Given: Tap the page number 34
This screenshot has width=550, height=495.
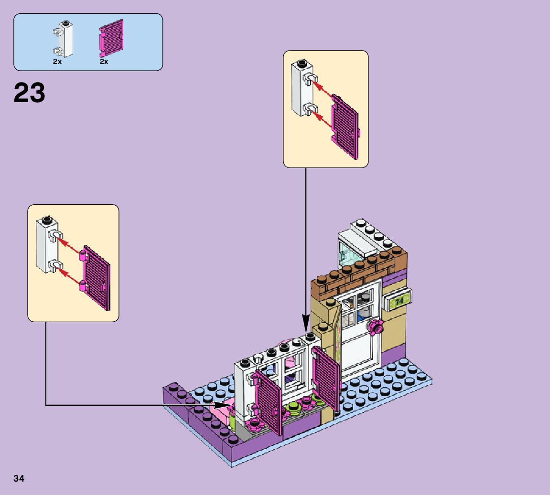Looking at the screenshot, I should pyautogui.click(x=19, y=478).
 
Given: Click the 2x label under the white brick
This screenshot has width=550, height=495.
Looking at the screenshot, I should pyautogui.click(x=57, y=62).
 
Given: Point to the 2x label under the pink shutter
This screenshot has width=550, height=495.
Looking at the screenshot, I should pyautogui.click(x=104, y=62).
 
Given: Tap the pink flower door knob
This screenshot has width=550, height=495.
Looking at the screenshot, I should pyautogui.click(x=375, y=327).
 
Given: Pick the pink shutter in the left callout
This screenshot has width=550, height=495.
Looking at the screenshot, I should pyautogui.click(x=96, y=279).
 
